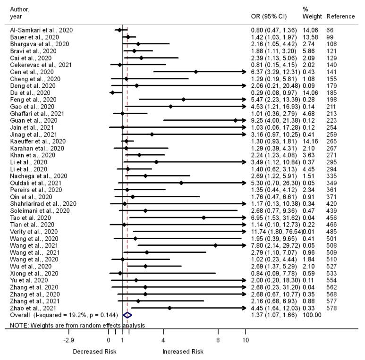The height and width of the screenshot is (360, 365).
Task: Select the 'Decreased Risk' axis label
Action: pyautogui.click(x=93, y=352)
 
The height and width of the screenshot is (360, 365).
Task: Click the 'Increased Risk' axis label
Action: pyautogui.click(x=183, y=352)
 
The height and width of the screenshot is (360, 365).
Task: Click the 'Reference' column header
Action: pyautogui.click(x=340, y=17)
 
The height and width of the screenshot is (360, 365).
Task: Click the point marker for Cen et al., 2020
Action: pyautogui.click(x=195, y=72)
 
